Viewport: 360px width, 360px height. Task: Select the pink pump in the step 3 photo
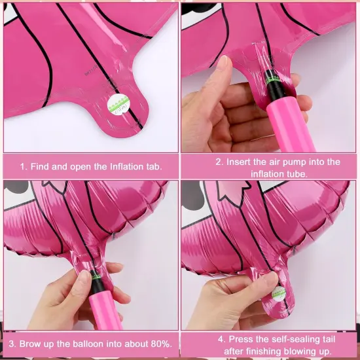tap(97, 308)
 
